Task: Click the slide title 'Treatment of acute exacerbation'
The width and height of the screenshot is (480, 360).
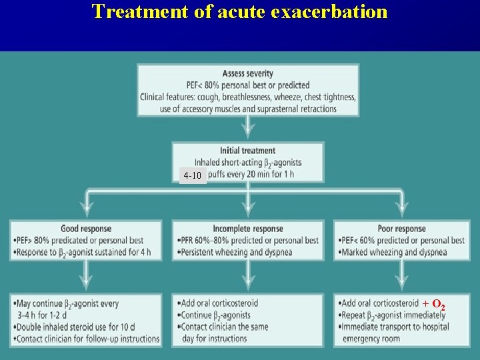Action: click(239, 12)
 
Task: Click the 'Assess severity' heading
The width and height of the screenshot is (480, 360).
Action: click(248, 73)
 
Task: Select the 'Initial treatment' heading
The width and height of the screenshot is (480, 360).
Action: click(247, 151)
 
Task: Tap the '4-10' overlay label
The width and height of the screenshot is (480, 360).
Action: click(192, 176)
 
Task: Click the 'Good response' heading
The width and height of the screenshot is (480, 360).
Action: click(86, 229)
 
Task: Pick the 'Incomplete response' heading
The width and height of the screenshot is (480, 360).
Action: click(248, 229)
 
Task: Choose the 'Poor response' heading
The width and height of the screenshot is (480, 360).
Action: click(401, 229)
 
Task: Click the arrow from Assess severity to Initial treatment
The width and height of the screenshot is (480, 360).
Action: click(248, 127)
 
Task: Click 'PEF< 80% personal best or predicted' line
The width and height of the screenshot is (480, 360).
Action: click(248, 85)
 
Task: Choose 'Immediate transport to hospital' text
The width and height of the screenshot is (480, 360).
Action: click(394, 327)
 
